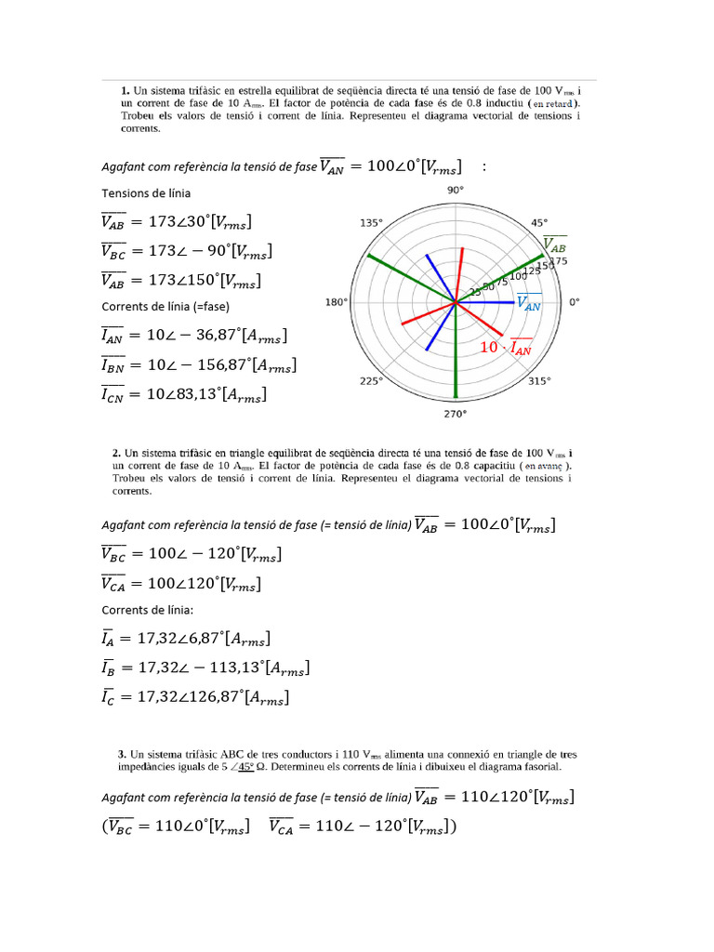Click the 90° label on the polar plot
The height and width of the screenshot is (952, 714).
pos(455,190)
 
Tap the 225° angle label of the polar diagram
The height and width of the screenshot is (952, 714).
pos(372,381)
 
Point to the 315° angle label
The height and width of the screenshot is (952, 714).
pos(538,381)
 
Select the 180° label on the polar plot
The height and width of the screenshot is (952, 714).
pos(336,302)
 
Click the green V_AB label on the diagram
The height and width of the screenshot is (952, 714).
pos(554,246)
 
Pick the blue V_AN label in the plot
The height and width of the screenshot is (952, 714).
pos(529,303)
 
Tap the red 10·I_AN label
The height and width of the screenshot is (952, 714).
pos(506,348)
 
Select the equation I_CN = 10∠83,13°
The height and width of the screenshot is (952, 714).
pos(183,395)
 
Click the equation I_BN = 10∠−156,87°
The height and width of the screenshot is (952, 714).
pos(198,365)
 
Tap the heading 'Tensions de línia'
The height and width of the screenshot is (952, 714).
pos(146,192)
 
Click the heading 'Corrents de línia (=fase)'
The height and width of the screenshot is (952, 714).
pos(165,306)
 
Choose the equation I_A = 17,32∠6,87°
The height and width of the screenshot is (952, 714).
pos(187,639)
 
